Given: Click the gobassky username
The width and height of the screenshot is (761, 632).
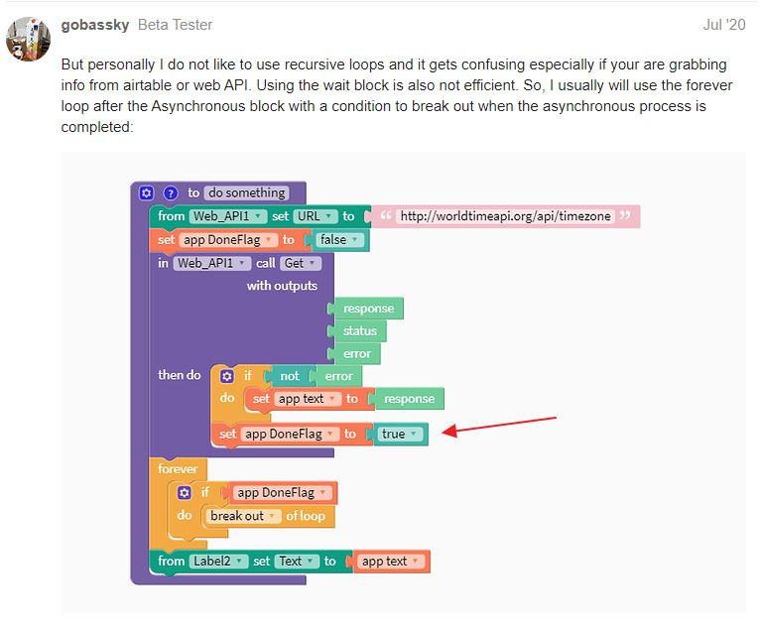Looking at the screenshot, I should (x=94, y=24).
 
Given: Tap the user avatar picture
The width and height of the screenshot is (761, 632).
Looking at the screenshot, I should (x=28, y=40).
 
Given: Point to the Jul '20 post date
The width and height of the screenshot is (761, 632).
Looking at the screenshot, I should (x=722, y=24).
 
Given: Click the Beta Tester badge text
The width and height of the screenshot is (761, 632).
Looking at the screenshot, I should (x=175, y=24).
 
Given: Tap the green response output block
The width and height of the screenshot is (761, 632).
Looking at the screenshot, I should (x=368, y=309).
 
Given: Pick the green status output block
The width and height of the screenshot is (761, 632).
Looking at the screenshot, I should (x=359, y=331).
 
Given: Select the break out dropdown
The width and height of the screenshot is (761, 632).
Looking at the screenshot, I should (x=242, y=516).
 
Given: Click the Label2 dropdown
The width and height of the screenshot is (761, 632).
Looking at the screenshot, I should (x=218, y=561).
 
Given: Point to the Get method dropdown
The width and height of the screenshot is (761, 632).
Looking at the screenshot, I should (x=300, y=263).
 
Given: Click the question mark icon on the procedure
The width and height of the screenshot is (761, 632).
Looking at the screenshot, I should (x=171, y=193).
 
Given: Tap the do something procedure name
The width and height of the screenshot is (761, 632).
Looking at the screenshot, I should (x=247, y=193).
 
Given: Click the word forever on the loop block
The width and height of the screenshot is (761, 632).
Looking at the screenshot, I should (x=178, y=468).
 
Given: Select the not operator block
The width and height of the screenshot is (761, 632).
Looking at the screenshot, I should (x=289, y=376).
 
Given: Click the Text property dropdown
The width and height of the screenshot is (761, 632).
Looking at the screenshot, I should (x=295, y=561).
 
